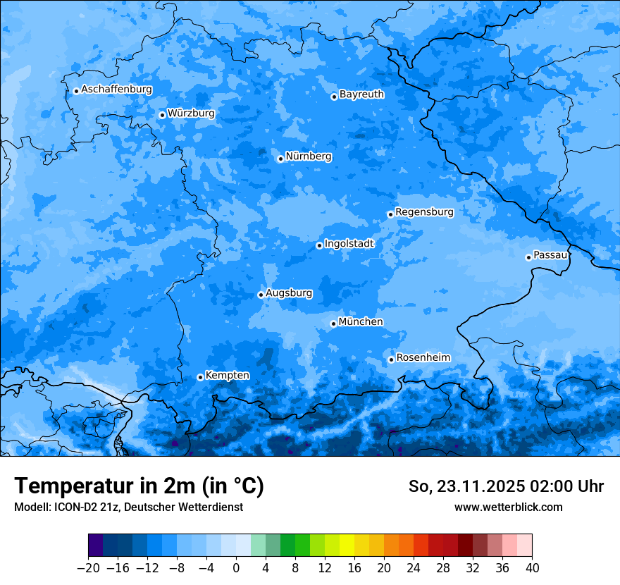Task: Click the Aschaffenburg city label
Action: click(x=116, y=90)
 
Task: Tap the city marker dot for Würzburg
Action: click(x=162, y=115)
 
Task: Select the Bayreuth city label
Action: click(x=361, y=94)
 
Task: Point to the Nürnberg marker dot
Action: click(x=280, y=159)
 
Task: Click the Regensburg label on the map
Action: click(x=424, y=212)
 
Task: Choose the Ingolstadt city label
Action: click(x=349, y=244)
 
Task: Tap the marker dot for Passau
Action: click(x=528, y=257)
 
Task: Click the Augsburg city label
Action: click(x=289, y=293)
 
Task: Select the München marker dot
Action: click(x=333, y=324)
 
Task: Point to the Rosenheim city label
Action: click(x=423, y=358)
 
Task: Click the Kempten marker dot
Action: click(x=200, y=377)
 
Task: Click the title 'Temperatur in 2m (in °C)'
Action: click(x=139, y=486)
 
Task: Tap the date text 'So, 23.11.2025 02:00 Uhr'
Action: click(x=506, y=486)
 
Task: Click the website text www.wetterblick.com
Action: click(x=508, y=507)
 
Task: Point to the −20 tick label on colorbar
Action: click(x=88, y=568)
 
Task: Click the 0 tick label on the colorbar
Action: click(x=236, y=568)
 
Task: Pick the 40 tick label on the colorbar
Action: click(x=532, y=568)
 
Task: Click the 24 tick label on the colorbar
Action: click(x=414, y=568)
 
